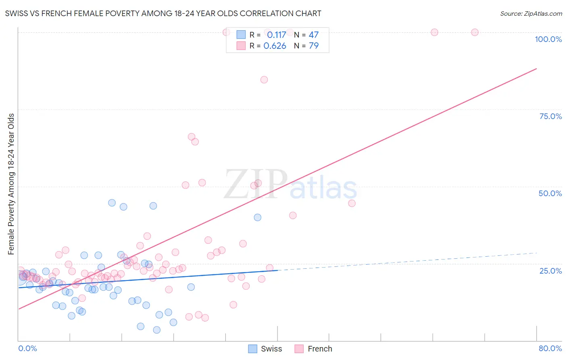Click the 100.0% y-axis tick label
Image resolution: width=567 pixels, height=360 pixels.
click(548, 39)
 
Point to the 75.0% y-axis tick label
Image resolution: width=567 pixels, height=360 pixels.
click(550, 116)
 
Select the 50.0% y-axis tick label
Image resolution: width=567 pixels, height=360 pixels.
click(550, 193)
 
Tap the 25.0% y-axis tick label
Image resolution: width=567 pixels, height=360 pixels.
click(550, 271)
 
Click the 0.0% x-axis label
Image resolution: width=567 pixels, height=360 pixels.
click(27, 348)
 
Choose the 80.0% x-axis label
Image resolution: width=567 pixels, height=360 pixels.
click(550, 348)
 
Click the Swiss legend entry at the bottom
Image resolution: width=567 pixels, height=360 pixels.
click(265, 349)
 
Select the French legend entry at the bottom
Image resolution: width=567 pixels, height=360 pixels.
click(313, 349)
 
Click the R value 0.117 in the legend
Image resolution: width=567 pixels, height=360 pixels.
click(276, 35)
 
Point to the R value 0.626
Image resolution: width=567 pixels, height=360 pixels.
click(275, 46)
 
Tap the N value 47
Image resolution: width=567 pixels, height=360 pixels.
click(313, 35)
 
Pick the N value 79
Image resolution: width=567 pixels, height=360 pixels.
click(313, 46)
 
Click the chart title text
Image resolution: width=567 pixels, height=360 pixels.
click(163, 13)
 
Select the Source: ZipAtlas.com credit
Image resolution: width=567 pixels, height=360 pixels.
click(531, 13)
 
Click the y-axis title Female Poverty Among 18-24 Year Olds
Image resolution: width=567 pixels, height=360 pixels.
click(11, 184)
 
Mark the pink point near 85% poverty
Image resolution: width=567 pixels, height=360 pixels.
click(264, 80)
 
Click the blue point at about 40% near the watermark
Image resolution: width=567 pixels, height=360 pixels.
click(257, 217)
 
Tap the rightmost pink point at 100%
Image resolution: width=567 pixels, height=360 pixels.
click(475, 32)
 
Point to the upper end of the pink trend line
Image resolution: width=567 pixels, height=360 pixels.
click(536, 69)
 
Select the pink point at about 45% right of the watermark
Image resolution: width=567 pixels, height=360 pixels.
click(352, 203)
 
